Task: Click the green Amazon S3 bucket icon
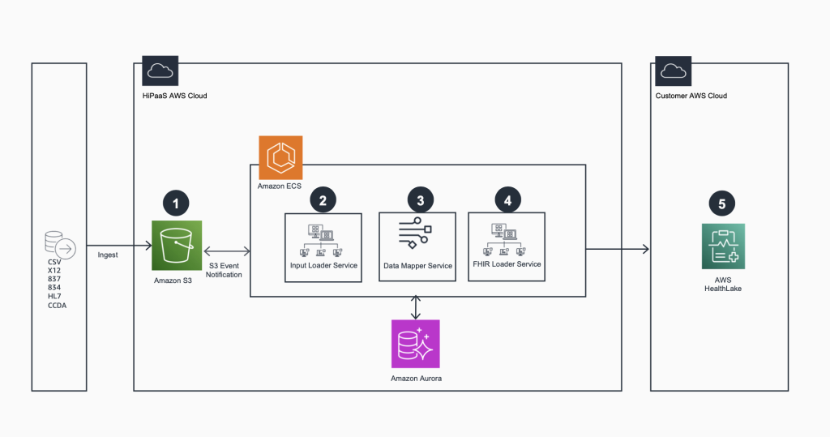click(x=177, y=245)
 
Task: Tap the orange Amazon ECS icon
click(x=280, y=157)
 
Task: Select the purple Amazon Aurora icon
click(x=415, y=344)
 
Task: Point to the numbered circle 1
click(x=177, y=202)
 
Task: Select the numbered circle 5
click(x=723, y=202)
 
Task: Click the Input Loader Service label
click(x=323, y=265)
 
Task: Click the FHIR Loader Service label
click(x=507, y=264)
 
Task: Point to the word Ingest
click(x=107, y=255)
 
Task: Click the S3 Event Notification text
click(x=225, y=270)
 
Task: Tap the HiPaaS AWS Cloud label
click(x=174, y=96)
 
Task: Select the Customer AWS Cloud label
click(x=691, y=96)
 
